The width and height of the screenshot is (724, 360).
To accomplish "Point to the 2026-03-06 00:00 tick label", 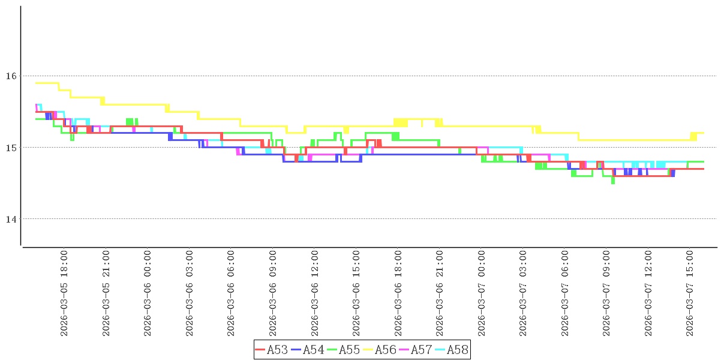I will (x=148, y=293).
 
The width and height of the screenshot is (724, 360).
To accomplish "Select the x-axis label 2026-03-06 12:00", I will (x=314, y=293).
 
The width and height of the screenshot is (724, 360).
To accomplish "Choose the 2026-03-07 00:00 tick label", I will (x=482, y=293).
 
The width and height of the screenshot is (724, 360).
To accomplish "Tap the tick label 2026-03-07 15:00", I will (x=690, y=293).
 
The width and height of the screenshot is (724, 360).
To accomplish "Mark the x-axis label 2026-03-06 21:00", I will (x=440, y=293).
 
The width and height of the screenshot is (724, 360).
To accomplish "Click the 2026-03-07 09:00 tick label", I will (x=607, y=293).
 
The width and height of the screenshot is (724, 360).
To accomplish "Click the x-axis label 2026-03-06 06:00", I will (x=231, y=293).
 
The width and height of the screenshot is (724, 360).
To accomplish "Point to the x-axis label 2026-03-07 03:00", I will (x=523, y=293).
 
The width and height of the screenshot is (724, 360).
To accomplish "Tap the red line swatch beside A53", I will (x=260, y=350).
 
